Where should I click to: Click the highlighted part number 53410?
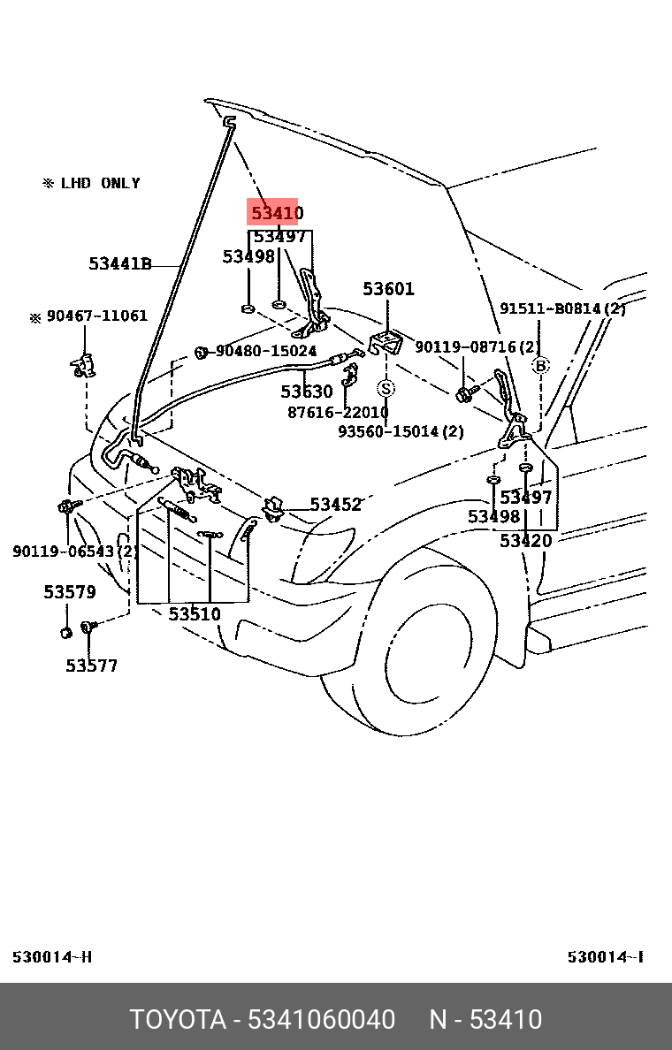pos(277,214)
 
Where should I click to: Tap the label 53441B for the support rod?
pos(120,263)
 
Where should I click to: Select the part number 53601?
pos(388,289)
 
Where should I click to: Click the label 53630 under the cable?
pos(307,392)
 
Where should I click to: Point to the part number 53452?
pos(335,505)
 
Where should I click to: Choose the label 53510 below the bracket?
pos(195,614)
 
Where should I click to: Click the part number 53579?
pos(70,592)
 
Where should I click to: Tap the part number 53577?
pos(91,666)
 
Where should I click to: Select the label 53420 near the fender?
pos(525,541)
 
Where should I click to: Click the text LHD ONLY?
pos(100,184)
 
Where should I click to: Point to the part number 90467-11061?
pos(96,316)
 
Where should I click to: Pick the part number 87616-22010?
pos(338,413)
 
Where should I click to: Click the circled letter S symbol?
pos(386,388)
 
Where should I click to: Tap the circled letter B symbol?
pos(539,365)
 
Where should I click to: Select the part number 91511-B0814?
pos(562,309)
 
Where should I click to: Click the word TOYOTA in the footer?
pos(178,1019)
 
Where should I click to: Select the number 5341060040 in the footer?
pos(322,1019)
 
